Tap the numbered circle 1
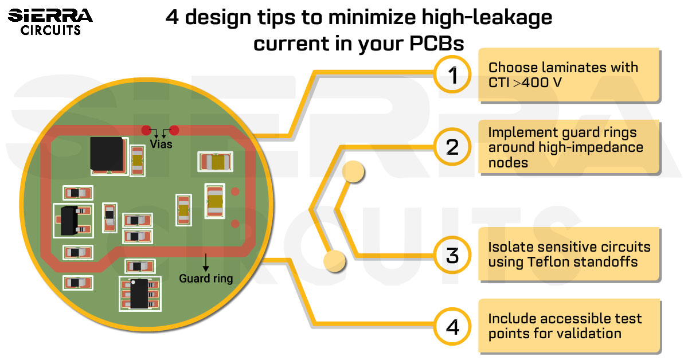coord(453,75)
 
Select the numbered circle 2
coord(453,147)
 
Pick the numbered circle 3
coord(453,255)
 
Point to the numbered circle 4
coord(453,327)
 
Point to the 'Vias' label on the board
coord(161,144)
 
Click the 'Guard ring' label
coord(206,279)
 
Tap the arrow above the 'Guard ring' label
coord(205,262)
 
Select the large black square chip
coord(107,154)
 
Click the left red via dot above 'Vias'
coord(146,130)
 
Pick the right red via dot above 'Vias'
coord(174,130)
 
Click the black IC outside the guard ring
coord(138,294)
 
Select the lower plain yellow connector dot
coord(334,261)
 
